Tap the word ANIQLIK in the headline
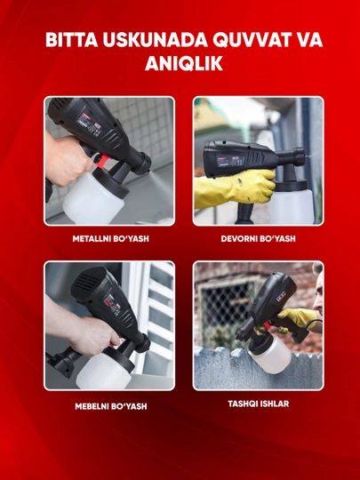coord(184,63)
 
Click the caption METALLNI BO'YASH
coord(111,238)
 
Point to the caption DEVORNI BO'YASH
coord(259,238)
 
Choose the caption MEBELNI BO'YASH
coord(111,406)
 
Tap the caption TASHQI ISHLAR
coord(259,404)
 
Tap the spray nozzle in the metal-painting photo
coord(144,163)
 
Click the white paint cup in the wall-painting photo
coord(293,206)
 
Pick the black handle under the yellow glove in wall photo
coord(244,212)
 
